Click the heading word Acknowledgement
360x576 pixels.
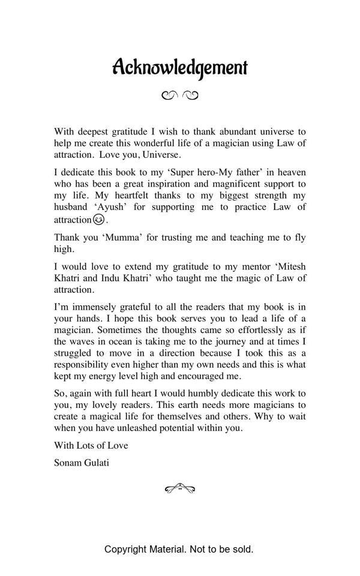pos(179,67)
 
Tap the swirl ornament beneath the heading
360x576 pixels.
pos(179,95)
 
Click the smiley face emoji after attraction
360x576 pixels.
pos(99,220)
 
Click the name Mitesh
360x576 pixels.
pos(290,266)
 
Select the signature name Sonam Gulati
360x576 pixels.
pos(82,463)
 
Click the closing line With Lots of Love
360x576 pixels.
pos(91,445)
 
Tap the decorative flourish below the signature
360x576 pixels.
pos(179,489)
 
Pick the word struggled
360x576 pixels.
pos(76,353)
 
